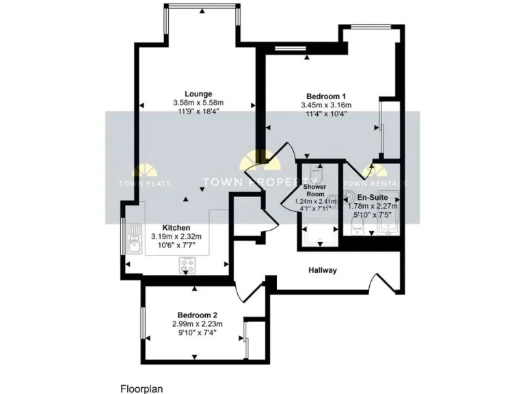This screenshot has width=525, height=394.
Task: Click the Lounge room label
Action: coord(198,94)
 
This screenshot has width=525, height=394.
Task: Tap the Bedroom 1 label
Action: coord(325,96)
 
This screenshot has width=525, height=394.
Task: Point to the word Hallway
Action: coord(323,270)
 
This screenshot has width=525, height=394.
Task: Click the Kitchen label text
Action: coord(176,228)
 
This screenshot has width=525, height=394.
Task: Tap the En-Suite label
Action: coord(373,197)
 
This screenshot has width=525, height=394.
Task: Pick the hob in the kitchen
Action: coord(187,263)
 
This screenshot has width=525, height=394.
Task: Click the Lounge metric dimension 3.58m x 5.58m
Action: coord(198,103)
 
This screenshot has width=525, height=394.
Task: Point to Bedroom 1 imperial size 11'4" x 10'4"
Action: coord(325,114)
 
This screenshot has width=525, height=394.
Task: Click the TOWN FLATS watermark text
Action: coord(145,183)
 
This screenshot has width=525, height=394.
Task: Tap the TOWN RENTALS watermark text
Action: coord(375,183)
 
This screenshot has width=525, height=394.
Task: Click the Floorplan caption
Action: coord(142,387)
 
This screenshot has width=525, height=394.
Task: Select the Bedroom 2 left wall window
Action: coord(142,322)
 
